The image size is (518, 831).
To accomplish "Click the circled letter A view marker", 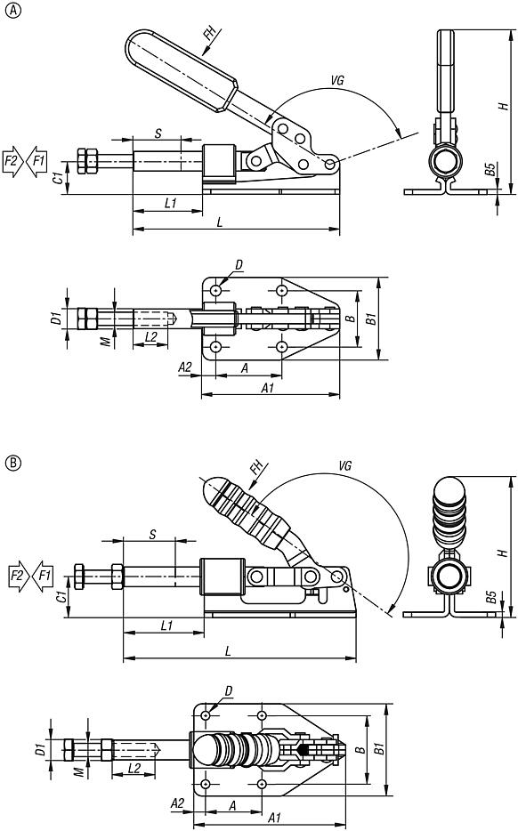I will point(11,10).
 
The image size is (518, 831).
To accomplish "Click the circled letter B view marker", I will point(11,463).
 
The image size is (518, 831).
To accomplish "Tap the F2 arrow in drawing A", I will point(12,160).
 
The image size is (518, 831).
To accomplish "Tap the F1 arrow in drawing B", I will point(42,576).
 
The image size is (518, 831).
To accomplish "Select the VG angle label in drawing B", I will point(346,466).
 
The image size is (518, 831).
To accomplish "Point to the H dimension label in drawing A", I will point(503,105).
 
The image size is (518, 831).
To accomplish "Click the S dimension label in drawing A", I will point(157,133).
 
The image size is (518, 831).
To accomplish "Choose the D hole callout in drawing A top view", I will point(239,264).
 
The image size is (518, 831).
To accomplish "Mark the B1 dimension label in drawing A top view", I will point(372,317).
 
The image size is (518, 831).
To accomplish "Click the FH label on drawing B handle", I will point(257,466).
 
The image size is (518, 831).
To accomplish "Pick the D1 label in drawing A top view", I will point(56,317).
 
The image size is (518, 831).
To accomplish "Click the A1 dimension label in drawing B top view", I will point(274,817).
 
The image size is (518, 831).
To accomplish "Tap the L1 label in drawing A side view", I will point(171,203).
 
